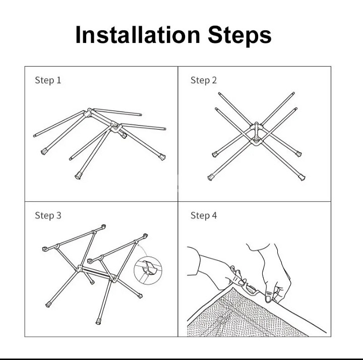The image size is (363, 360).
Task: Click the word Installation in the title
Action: pos(138,35)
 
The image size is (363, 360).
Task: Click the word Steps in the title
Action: pos(239,36)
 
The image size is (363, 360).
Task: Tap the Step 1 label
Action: pos(48,81)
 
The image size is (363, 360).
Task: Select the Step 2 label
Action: pos(204,81)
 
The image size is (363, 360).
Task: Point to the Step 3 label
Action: pos(48,215)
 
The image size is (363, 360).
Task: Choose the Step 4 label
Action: pos(204,215)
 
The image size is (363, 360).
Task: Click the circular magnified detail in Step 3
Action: pos(148,270)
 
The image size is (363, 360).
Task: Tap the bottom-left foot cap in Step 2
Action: pos(210,177)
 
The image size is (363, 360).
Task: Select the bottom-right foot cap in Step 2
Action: pos(301,177)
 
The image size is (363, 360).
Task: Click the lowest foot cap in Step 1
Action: pos(78,176)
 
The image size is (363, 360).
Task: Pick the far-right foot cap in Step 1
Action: pos(162,157)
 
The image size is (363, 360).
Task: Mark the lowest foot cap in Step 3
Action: pos(98,322)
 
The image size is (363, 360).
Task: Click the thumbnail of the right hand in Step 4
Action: pos(269,297)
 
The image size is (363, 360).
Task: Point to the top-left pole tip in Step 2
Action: pos(219,94)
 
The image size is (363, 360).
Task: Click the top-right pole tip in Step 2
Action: pos(293,93)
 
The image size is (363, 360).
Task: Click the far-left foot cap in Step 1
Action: pos(43,152)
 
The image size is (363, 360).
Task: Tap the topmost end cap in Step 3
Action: pos(103,226)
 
